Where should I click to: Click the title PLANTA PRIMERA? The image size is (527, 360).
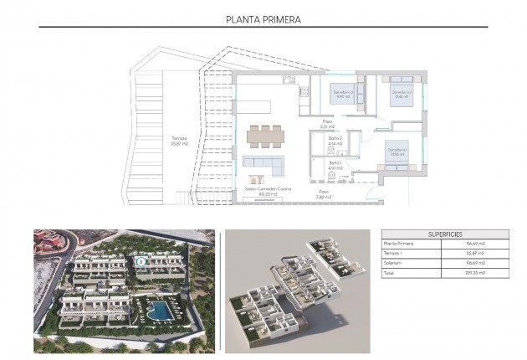point(263,18)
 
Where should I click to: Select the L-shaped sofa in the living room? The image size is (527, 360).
point(261,162)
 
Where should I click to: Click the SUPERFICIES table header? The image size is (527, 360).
point(444,234)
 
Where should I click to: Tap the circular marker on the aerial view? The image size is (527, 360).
point(141,261)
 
